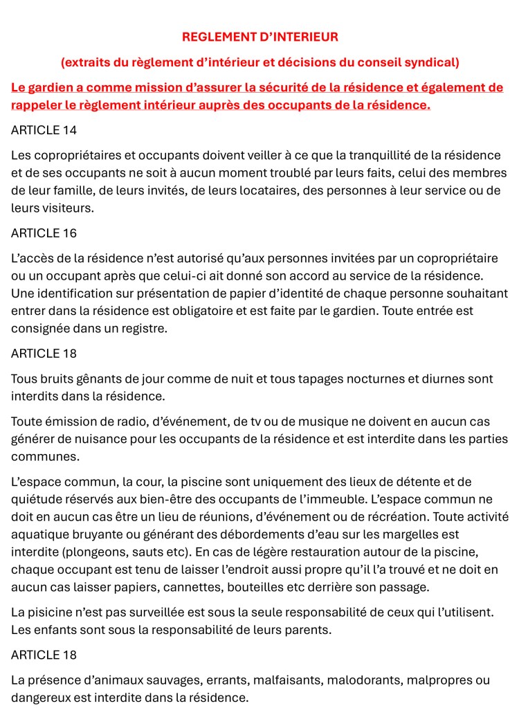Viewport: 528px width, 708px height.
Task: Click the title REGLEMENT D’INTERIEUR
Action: [260, 37]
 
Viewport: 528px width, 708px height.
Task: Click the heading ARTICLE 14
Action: [44, 130]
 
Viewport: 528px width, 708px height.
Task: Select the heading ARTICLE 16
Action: [44, 233]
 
